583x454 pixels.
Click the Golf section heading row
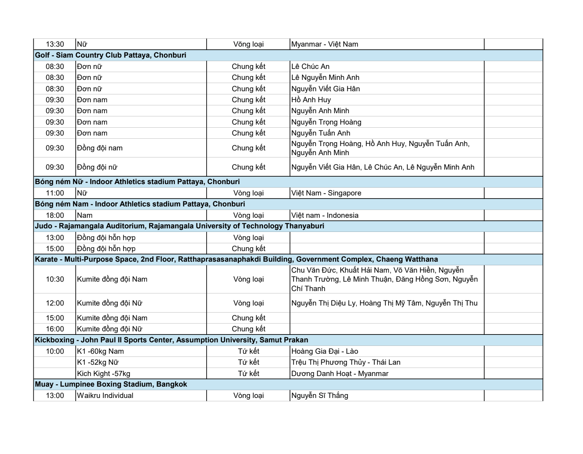111,55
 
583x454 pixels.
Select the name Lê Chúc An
310,67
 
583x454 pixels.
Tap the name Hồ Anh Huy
311,100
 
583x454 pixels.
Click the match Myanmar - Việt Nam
325,44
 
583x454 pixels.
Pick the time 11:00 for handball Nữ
55,193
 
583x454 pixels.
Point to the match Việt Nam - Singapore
326,193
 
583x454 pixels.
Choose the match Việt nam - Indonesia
325,215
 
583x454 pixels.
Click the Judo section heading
180,226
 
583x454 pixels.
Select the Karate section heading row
236,259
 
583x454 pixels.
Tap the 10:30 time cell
55,279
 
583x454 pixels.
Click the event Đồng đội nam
100,148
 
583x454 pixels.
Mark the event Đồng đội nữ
97,167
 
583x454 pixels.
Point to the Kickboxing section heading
172,340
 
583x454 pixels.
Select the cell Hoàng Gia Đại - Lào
325,351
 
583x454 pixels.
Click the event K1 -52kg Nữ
98,362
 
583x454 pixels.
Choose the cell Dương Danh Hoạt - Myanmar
340,374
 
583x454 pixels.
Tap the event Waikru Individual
105,396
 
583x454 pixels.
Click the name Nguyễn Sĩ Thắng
320,396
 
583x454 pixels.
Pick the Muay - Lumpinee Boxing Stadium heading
111,384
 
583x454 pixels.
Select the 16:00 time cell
55,329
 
